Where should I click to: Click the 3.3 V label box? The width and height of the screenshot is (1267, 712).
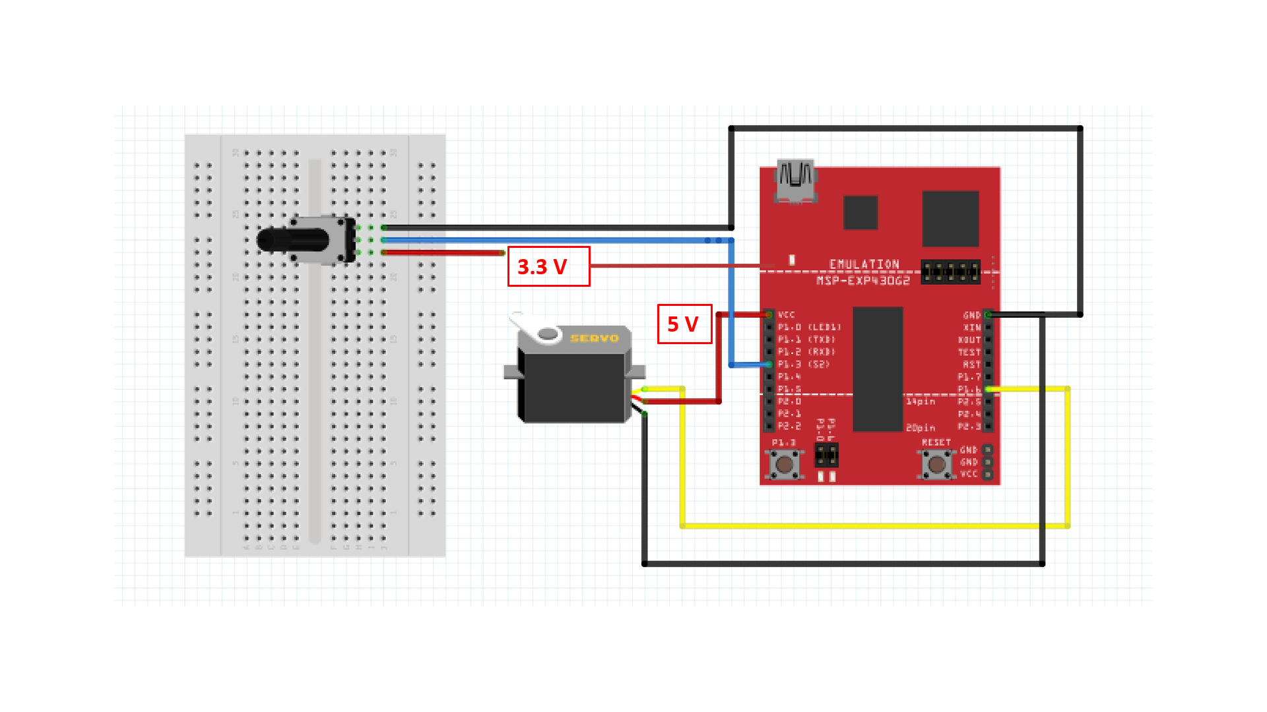tap(548, 266)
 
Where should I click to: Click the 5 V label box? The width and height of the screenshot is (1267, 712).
tap(684, 324)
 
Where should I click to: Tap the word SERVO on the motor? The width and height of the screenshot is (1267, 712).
tap(594, 338)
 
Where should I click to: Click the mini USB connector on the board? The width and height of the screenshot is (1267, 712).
tap(796, 180)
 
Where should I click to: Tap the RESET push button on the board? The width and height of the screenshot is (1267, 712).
tap(936, 464)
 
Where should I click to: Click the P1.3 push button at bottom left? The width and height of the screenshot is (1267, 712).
tap(784, 464)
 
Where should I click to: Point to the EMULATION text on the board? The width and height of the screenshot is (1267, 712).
tap(864, 264)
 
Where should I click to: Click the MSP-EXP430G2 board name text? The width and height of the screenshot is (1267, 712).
tap(863, 281)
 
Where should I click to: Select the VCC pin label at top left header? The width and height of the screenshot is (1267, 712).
tap(786, 315)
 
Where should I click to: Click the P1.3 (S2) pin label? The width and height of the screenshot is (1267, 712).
tap(803, 365)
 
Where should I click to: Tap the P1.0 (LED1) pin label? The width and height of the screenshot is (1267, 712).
tap(808, 328)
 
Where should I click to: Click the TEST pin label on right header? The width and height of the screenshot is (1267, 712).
tap(969, 353)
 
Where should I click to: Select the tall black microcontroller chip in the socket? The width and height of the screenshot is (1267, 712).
tap(878, 369)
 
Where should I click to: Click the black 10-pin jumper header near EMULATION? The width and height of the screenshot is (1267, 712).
tap(950, 272)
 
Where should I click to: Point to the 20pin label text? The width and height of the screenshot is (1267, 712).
tap(920, 428)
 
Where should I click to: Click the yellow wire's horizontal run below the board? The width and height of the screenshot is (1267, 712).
tap(858, 526)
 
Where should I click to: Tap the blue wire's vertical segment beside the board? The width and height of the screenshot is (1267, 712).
tap(731, 303)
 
